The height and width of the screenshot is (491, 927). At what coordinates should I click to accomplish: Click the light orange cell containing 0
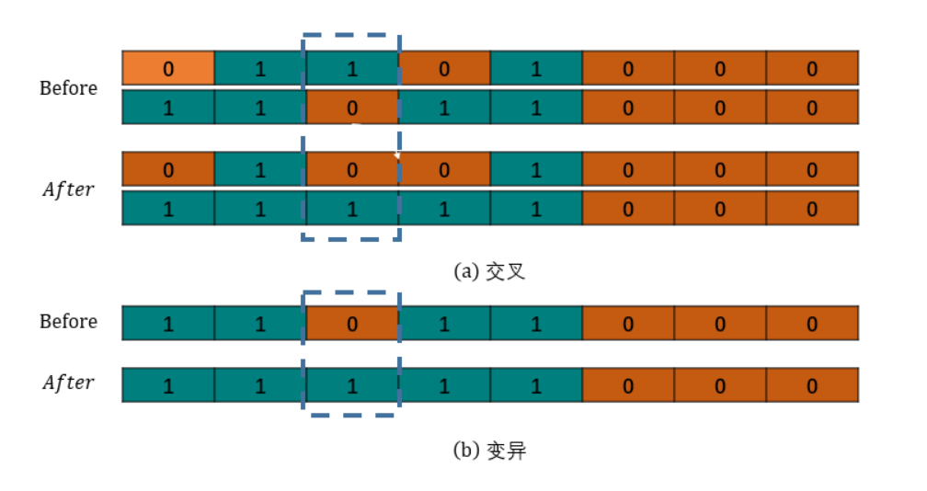(x=168, y=68)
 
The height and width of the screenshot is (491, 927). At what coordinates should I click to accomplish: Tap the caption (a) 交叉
(x=489, y=271)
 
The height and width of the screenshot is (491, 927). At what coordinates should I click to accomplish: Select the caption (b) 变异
(x=489, y=451)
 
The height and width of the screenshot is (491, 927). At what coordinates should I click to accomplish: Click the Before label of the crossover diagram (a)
(x=69, y=88)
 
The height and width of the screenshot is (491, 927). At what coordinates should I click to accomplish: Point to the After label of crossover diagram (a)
(x=69, y=189)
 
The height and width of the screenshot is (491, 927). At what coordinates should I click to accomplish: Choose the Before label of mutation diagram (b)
(x=69, y=322)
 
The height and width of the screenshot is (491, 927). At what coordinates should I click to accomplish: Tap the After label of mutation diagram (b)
(x=69, y=383)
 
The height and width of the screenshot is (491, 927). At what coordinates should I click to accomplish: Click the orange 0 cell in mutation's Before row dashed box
(x=352, y=324)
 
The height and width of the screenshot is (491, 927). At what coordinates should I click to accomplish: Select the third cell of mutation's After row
(x=352, y=385)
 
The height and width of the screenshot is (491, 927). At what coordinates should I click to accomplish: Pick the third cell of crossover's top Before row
(x=352, y=68)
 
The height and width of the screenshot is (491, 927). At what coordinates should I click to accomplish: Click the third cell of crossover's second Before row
(x=352, y=107)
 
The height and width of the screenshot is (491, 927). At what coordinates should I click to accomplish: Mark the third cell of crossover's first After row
(x=352, y=169)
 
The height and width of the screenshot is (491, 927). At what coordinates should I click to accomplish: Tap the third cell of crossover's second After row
(x=352, y=208)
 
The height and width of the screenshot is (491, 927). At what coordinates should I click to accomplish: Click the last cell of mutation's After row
(x=812, y=385)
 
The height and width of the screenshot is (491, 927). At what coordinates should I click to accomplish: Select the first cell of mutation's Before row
(x=168, y=324)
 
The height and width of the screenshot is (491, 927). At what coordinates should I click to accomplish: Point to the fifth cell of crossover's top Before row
(x=536, y=68)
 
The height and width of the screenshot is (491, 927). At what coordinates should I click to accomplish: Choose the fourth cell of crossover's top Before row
(x=444, y=68)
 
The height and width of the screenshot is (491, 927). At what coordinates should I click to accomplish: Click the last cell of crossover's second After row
(x=812, y=208)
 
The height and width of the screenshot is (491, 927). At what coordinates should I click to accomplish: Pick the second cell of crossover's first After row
(x=260, y=169)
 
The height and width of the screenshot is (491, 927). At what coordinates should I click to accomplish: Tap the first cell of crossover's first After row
(x=168, y=169)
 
